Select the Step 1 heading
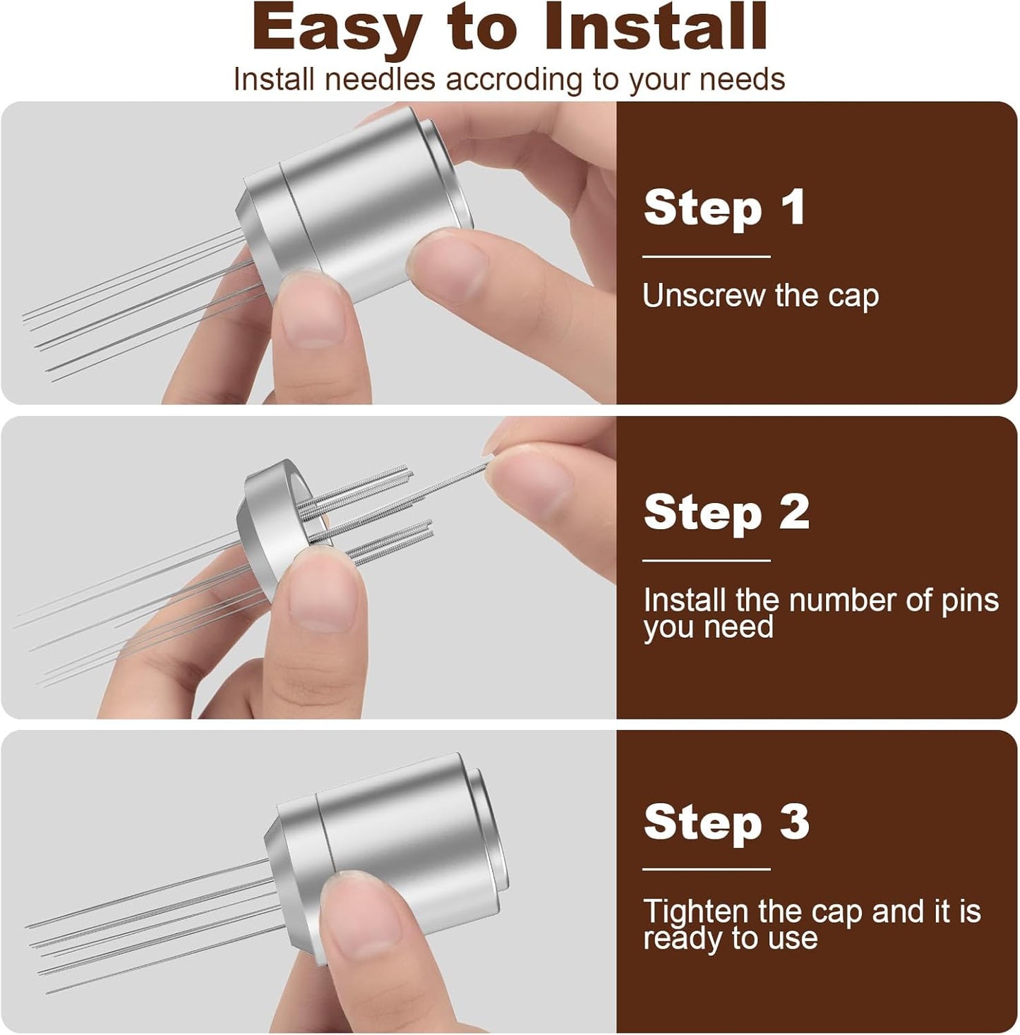724,208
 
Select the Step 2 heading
726,512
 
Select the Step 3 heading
726,822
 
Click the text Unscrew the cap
760,296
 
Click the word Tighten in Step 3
696,911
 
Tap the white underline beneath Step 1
706,257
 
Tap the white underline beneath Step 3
706,869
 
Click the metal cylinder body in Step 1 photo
360,198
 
